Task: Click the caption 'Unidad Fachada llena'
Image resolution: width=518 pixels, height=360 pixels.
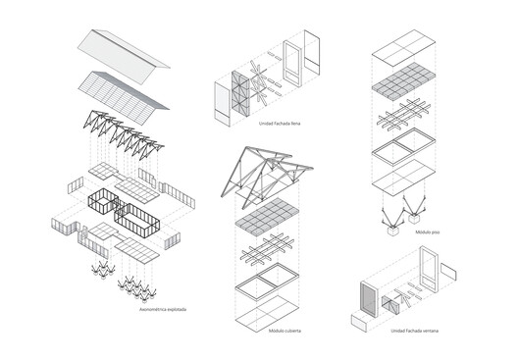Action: [x=279, y=124]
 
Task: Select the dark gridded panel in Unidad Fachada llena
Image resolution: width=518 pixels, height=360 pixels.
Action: [x=237, y=90]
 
